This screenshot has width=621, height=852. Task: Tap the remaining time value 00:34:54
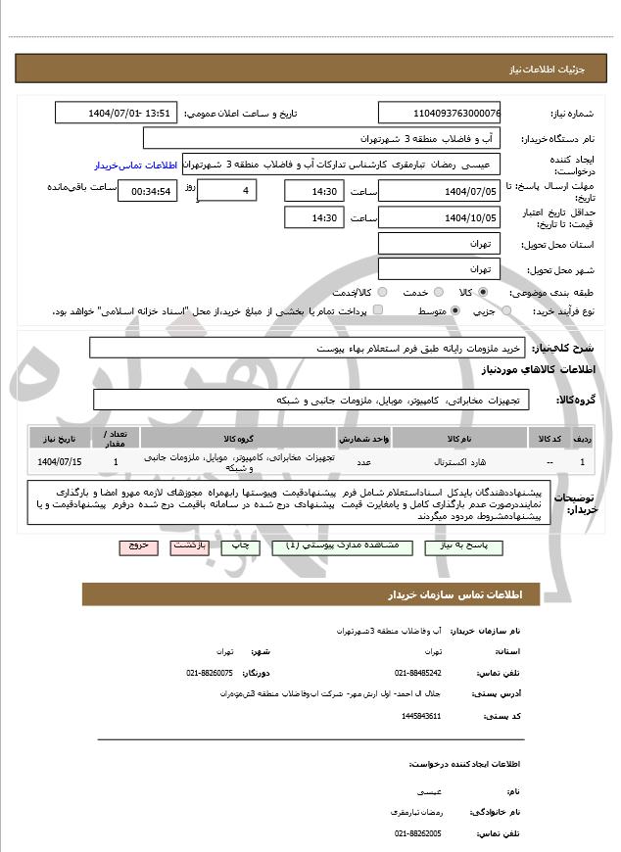147,191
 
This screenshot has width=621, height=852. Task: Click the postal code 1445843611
421,716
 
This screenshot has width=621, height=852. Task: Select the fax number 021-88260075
210,673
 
